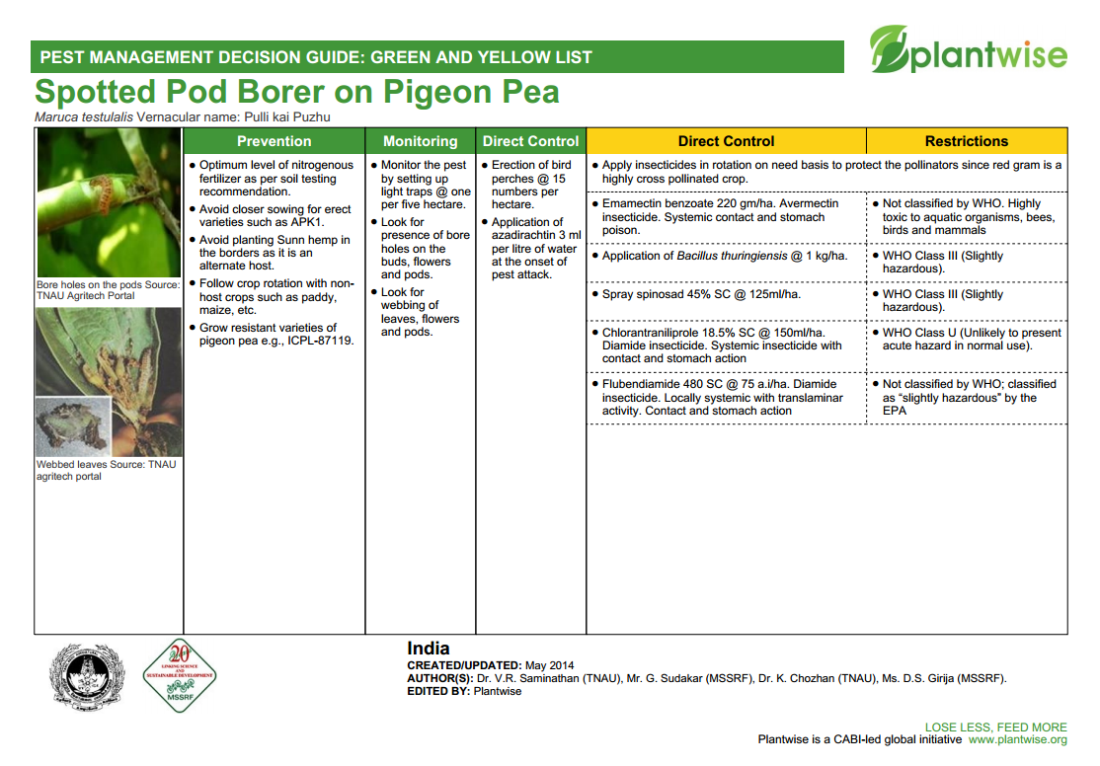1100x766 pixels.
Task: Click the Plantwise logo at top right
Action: tap(968, 51)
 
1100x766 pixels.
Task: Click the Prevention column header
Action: tap(274, 141)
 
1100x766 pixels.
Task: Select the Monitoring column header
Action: tap(421, 141)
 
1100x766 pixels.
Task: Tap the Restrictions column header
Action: tap(966, 141)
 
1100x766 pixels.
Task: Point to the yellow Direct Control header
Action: tap(726, 141)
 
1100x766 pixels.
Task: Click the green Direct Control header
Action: tap(530, 141)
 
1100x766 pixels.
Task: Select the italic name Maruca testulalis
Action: tap(84, 117)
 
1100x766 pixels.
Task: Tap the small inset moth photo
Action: tap(73, 424)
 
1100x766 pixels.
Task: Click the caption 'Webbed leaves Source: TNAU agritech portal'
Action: tap(106, 470)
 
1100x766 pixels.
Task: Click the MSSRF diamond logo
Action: tap(179, 676)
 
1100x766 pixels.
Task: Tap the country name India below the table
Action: tap(429, 649)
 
